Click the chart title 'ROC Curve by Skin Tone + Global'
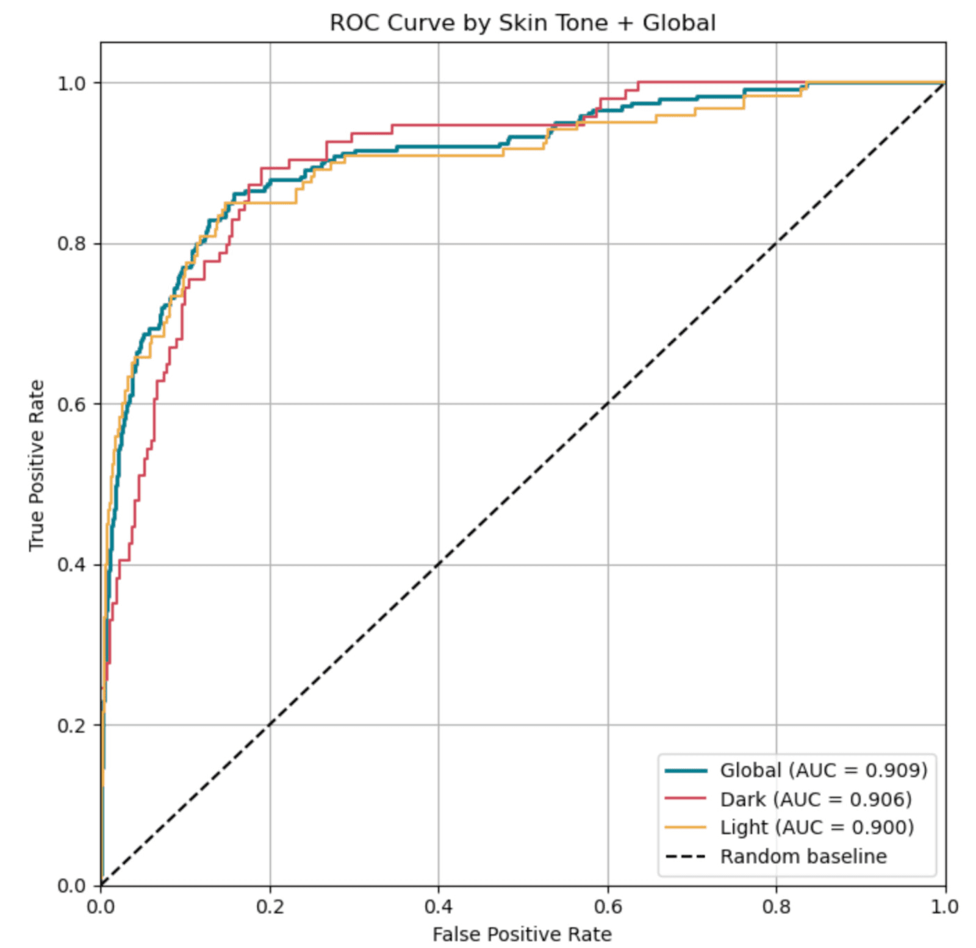click(522, 23)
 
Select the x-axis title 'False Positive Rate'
click(522, 934)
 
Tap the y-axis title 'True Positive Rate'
click(37, 465)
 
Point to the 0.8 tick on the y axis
click(71, 244)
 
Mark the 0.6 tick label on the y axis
click(71, 404)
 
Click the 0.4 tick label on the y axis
click(71, 565)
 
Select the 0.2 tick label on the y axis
click(71, 725)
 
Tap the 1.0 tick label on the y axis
click(71, 83)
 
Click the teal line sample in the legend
click(686, 770)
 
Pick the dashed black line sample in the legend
click(686, 856)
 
